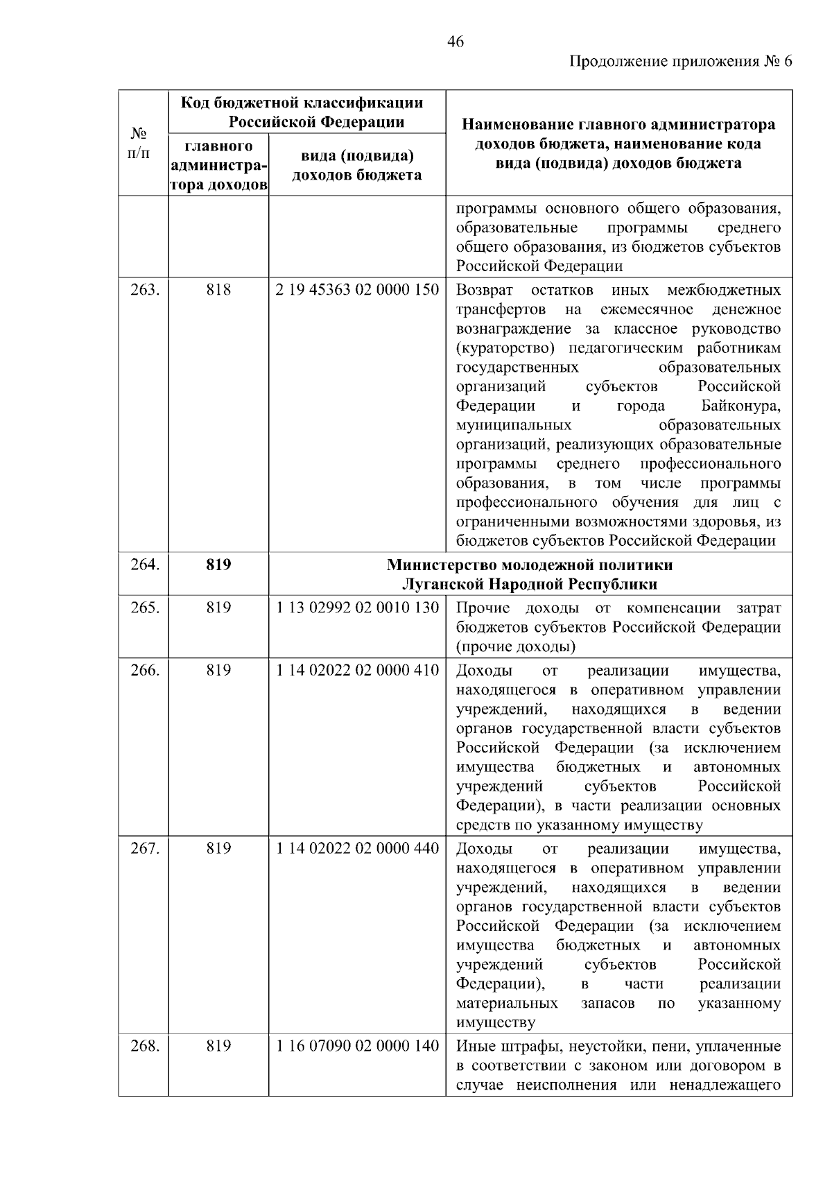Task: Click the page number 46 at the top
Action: (x=456, y=42)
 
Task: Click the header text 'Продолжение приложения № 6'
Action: (x=680, y=62)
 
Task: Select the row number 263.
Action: (x=145, y=290)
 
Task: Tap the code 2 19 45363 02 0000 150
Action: (x=357, y=290)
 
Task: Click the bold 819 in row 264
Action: (x=218, y=565)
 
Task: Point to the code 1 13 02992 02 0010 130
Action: (x=357, y=608)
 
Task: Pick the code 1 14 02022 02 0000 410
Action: (x=357, y=671)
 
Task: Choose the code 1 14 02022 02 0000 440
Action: (x=357, y=849)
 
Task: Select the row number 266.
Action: (x=145, y=671)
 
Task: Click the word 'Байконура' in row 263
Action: (x=736, y=406)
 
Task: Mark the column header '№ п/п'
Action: (x=139, y=143)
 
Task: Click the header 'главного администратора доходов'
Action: (x=218, y=166)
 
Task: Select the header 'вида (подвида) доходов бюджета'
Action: (x=357, y=166)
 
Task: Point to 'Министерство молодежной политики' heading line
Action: (x=530, y=565)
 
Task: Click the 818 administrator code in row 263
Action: (x=218, y=290)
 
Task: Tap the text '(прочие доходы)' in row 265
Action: (x=516, y=647)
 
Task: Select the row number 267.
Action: (x=145, y=849)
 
